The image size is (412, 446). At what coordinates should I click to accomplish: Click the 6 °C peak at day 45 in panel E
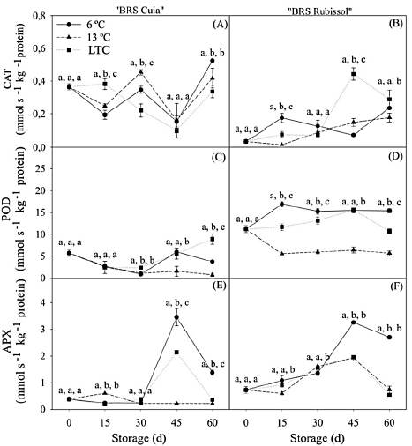(x=177, y=317)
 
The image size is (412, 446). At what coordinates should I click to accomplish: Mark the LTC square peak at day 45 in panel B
(x=354, y=75)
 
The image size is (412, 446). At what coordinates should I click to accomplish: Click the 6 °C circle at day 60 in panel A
(x=212, y=61)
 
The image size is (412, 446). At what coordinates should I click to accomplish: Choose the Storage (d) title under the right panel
(x=316, y=437)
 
